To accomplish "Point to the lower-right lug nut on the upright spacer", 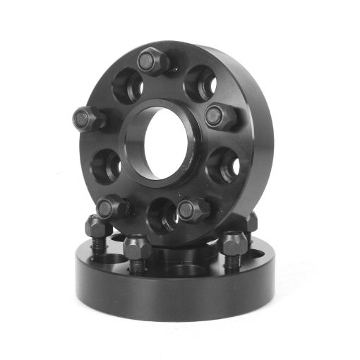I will click(193, 209).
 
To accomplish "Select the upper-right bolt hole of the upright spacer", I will click(201, 83).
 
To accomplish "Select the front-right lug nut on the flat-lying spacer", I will click(233, 244).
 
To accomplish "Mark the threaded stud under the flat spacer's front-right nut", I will click(232, 263).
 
